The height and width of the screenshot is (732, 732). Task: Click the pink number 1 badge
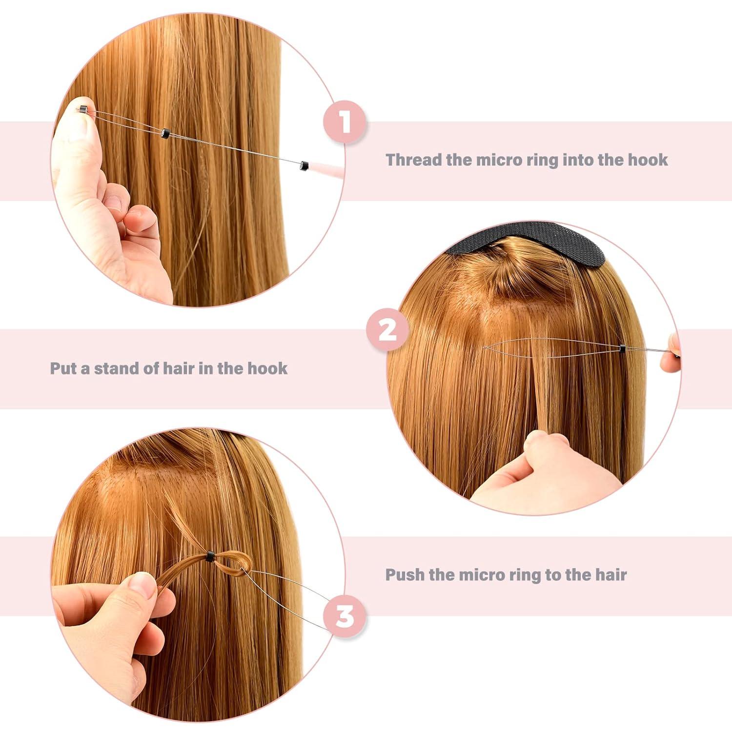345,122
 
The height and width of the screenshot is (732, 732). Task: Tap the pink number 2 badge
387,330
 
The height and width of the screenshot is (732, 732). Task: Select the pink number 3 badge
345,616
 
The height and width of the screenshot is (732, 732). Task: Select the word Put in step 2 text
63,368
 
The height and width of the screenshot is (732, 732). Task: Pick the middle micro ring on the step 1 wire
165,132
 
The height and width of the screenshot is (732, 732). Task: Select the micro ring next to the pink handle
305,165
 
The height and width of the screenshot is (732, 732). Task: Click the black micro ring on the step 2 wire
622,348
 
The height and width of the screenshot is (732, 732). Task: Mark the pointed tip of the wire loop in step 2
485,347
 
